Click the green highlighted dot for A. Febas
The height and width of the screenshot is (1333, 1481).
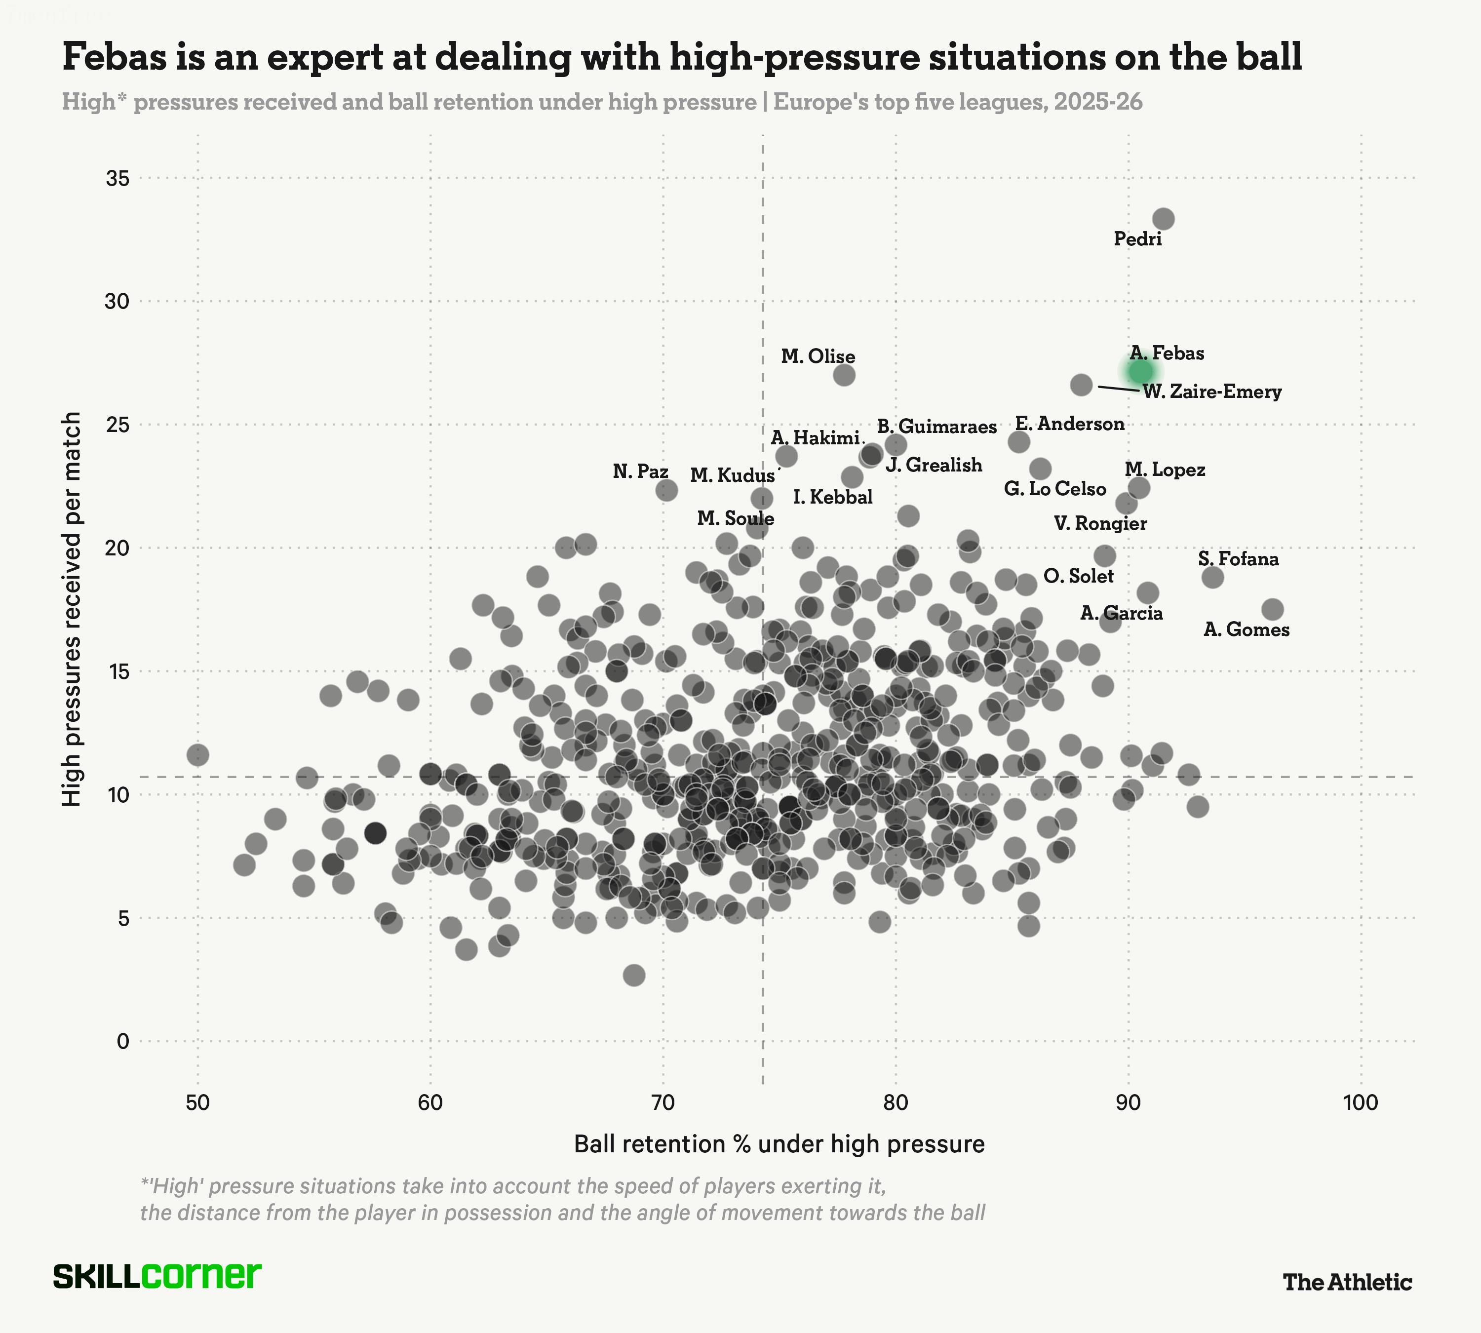pos(1140,371)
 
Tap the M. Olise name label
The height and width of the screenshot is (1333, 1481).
pos(818,356)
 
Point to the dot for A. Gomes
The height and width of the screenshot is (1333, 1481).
pos(1272,609)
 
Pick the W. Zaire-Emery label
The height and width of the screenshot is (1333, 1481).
pos(1212,392)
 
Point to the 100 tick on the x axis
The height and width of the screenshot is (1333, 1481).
pos(1361,1103)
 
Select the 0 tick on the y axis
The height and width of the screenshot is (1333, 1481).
pos(123,1041)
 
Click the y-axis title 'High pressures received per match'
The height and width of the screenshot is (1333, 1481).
pos(72,609)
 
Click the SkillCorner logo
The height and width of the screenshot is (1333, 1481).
pos(157,1275)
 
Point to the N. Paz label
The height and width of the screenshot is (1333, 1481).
pos(640,471)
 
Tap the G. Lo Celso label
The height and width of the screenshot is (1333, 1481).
pos(1054,489)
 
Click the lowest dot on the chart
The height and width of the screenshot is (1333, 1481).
pos(634,975)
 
